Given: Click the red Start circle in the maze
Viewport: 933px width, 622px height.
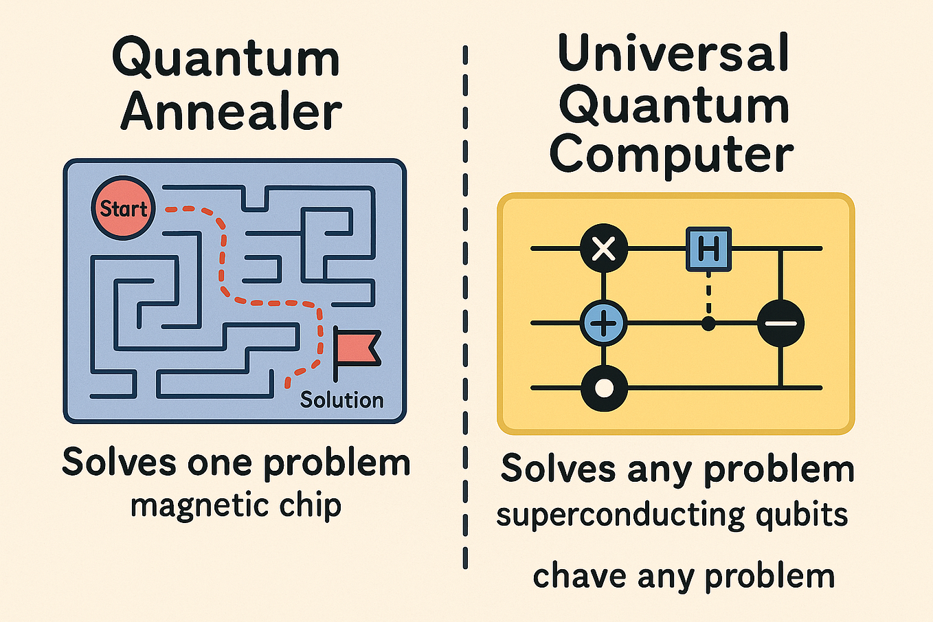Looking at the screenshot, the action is coord(124,208).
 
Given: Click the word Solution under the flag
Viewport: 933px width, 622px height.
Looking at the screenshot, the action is coord(341,399).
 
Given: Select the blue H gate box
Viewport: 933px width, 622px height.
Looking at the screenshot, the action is coord(708,248).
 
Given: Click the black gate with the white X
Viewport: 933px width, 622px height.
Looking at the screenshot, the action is coord(604,248).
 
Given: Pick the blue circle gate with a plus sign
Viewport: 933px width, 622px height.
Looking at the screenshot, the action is coord(604,323).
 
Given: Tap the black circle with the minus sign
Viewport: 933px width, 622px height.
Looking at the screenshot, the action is coord(780,323).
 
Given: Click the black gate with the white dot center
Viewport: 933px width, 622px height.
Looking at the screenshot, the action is coord(604,388).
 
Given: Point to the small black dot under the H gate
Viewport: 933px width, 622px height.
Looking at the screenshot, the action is coord(708,323).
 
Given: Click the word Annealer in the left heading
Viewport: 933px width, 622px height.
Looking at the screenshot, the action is coord(232,112).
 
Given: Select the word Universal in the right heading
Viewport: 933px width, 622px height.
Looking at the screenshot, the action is coord(673,53).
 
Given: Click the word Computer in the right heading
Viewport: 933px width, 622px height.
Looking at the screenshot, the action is coord(671,154).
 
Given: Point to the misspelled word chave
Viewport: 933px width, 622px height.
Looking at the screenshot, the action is coord(578,576).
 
